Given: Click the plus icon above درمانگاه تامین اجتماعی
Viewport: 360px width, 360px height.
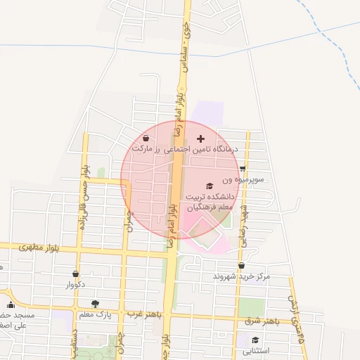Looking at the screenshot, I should [x=201, y=139].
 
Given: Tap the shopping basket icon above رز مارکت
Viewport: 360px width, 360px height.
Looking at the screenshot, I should [x=146, y=138].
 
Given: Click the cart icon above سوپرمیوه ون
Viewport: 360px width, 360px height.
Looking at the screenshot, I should [x=243, y=169].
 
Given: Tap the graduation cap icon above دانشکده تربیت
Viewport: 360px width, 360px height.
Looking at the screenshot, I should [x=210, y=185].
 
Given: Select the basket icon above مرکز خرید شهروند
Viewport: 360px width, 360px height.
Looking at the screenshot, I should [x=242, y=265].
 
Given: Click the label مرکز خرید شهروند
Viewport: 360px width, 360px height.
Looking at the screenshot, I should [x=242, y=276].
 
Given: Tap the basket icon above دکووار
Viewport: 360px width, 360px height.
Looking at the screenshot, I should [x=75, y=274].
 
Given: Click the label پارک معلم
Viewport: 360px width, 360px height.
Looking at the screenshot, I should [x=94, y=313].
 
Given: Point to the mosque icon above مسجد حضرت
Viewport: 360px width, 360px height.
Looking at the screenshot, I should [x=10, y=305].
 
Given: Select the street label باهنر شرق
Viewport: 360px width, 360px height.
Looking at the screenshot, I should [x=262, y=321].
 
